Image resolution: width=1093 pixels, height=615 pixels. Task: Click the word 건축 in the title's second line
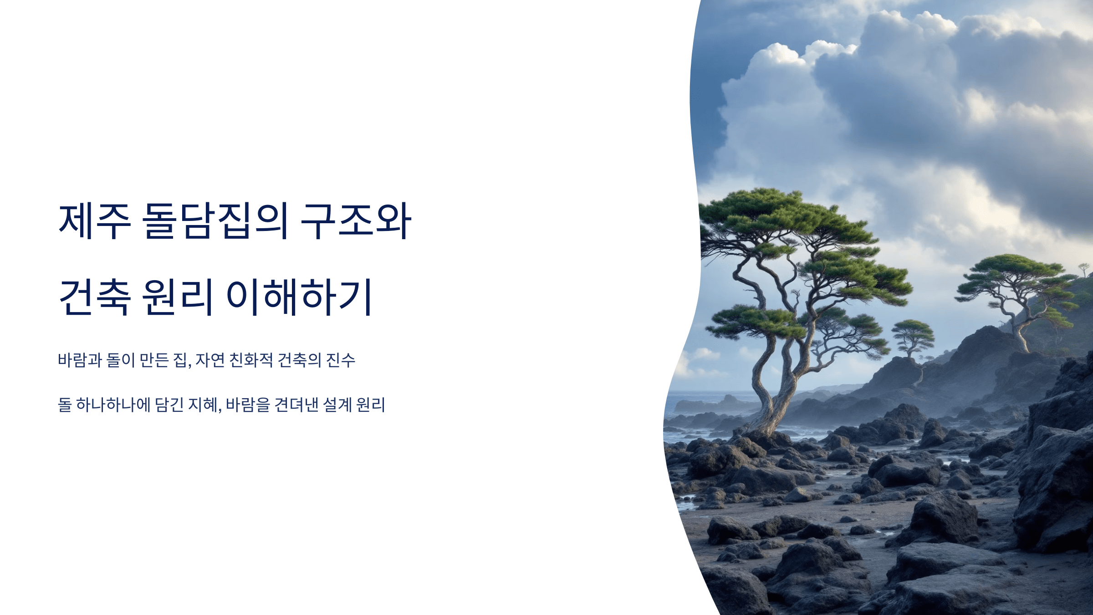pyautogui.click(x=95, y=297)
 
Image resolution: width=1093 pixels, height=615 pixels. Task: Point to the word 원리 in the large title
pyautogui.click(x=178, y=297)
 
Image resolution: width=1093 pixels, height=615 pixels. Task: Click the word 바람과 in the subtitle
pyautogui.click(x=80, y=360)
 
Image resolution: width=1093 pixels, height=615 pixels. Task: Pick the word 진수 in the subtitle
pyautogui.click(x=341, y=360)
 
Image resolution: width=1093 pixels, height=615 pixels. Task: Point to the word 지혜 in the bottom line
pyautogui.click(x=203, y=405)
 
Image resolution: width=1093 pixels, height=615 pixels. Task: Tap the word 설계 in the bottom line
pyautogui.click(x=337, y=405)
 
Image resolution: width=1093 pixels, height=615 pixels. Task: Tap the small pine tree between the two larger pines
pyautogui.click(x=912, y=335)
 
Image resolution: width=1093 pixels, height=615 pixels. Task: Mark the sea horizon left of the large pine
pyautogui.click(x=701, y=392)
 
